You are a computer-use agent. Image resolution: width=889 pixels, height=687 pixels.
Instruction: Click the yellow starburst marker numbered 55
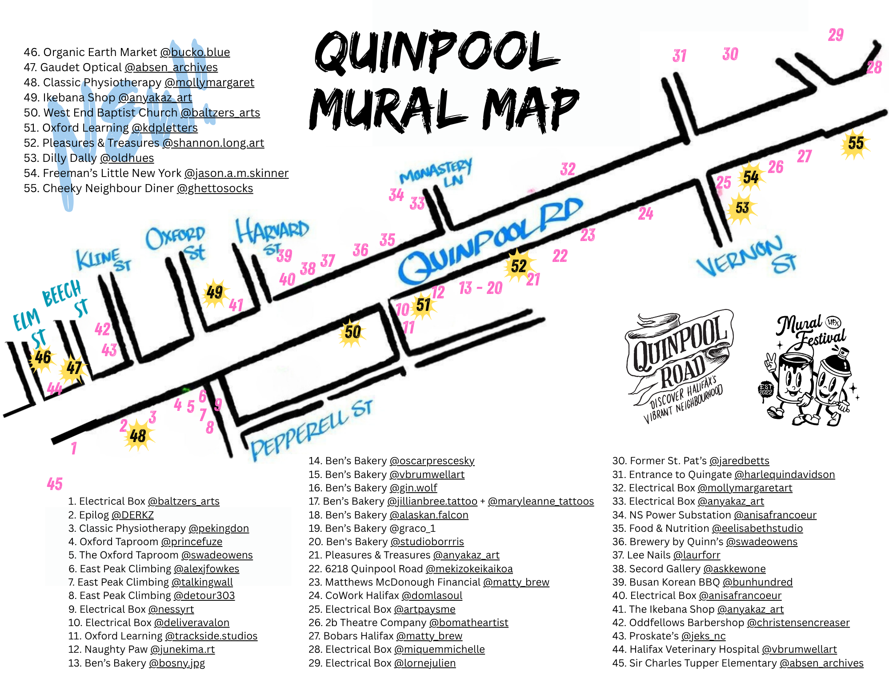pyautogui.click(x=855, y=143)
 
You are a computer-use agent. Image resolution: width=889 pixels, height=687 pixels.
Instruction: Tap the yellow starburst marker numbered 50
pyautogui.click(x=352, y=332)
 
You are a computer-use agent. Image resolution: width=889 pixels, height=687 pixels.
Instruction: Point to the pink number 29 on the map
pyautogui.click(x=836, y=35)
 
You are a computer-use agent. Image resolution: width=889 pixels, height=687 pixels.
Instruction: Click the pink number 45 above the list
pyautogui.click(x=55, y=484)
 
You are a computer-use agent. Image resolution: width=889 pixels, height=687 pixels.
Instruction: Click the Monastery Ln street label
pyautogui.click(x=436, y=173)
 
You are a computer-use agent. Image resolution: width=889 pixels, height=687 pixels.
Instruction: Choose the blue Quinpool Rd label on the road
pyautogui.click(x=489, y=242)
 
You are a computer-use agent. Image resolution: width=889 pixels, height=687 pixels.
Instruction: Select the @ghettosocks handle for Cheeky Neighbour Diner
pyautogui.click(x=215, y=189)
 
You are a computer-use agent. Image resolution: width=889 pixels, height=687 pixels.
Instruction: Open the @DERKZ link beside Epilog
pyautogui.click(x=132, y=515)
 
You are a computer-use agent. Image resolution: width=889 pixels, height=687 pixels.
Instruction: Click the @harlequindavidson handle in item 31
pyautogui.click(x=785, y=474)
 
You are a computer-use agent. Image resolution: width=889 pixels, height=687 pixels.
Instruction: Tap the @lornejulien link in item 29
pyautogui.click(x=424, y=663)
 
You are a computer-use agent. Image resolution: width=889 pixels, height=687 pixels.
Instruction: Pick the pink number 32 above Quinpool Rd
pyautogui.click(x=568, y=169)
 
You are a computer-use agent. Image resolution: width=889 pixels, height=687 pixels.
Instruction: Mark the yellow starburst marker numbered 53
pyautogui.click(x=742, y=208)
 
